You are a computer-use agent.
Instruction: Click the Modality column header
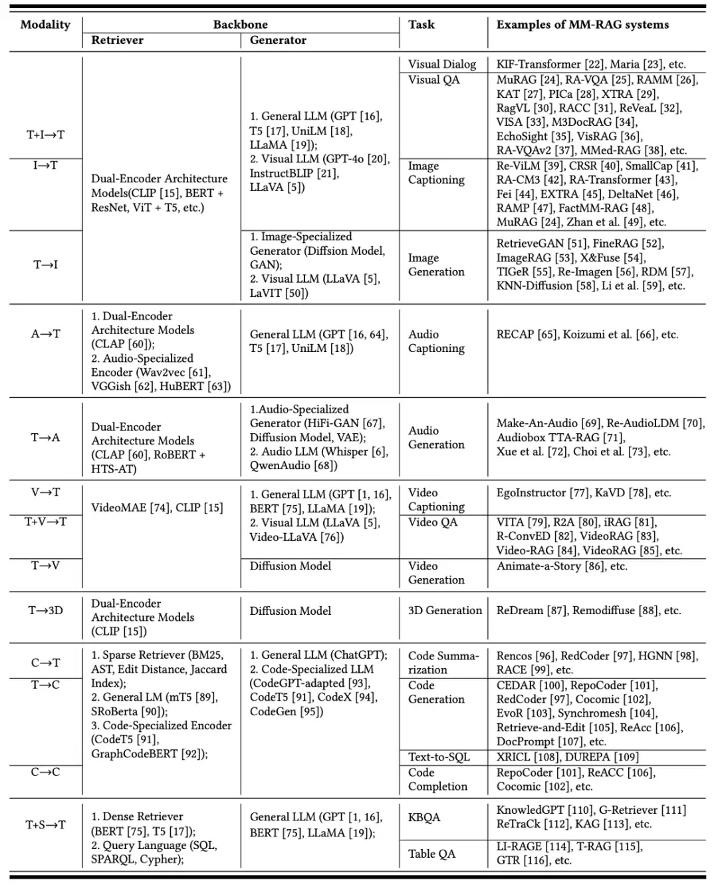point(45,25)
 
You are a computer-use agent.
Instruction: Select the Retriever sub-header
point(117,40)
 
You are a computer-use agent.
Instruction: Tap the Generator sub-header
point(278,40)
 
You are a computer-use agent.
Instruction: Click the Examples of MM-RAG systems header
point(582,25)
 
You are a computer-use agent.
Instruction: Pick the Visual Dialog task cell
point(442,65)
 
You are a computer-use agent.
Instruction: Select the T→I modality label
point(45,265)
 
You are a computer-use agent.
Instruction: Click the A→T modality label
point(45,334)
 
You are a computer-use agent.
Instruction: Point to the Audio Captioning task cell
point(436,341)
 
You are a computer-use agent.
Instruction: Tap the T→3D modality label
point(45,610)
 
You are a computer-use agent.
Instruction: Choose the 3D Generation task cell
point(445,610)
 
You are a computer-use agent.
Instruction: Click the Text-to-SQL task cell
point(439,757)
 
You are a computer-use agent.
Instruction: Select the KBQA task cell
point(424,817)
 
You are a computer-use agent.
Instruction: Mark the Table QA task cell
point(431,854)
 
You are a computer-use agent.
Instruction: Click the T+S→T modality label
point(45,825)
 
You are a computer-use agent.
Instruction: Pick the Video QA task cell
point(433,522)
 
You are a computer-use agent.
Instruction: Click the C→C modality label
point(45,772)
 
